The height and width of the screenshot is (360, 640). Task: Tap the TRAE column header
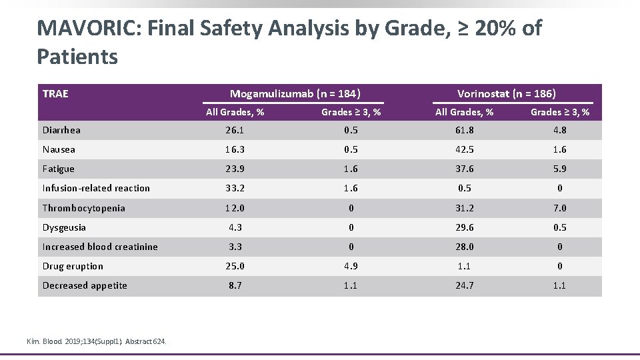click(x=55, y=94)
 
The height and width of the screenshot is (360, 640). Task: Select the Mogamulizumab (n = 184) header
click(x=295, y=94)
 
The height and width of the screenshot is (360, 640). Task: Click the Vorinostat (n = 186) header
click(x=506, y=94)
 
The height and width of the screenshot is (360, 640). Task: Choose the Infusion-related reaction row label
click(x=96, y=189)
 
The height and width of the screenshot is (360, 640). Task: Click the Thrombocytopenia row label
click(x=83, y=208)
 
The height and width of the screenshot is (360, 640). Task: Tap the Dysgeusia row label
click(x=64, y=227)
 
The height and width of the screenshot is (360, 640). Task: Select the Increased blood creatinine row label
click(x=100, y=247)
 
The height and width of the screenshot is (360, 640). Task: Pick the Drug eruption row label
click(x=73, y=266)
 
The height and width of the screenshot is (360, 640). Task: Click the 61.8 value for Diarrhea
click(x=465, y=131)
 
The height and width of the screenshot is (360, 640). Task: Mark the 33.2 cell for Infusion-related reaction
click(x=235, y=189)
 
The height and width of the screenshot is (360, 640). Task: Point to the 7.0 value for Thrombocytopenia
click(x=559, y=208)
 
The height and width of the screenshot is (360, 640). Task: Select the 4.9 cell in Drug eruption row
click(x=351, y=266)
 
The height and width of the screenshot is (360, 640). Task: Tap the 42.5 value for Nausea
click(x=465, y=150)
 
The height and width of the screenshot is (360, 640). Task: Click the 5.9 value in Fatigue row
click(x=559, y=169)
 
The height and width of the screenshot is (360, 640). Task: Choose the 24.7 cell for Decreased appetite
click(x=465, y=285)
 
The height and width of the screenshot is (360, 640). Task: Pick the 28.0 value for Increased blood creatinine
click(x=465, y=247)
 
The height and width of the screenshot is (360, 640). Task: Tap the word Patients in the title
click(x=77, y=57)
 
